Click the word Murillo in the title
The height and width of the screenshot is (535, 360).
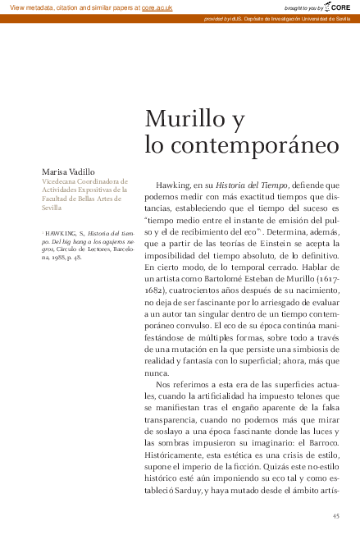click(185, 121)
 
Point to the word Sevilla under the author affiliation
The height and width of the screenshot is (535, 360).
click(52, 208)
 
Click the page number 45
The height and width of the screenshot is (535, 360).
click(335, 515)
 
